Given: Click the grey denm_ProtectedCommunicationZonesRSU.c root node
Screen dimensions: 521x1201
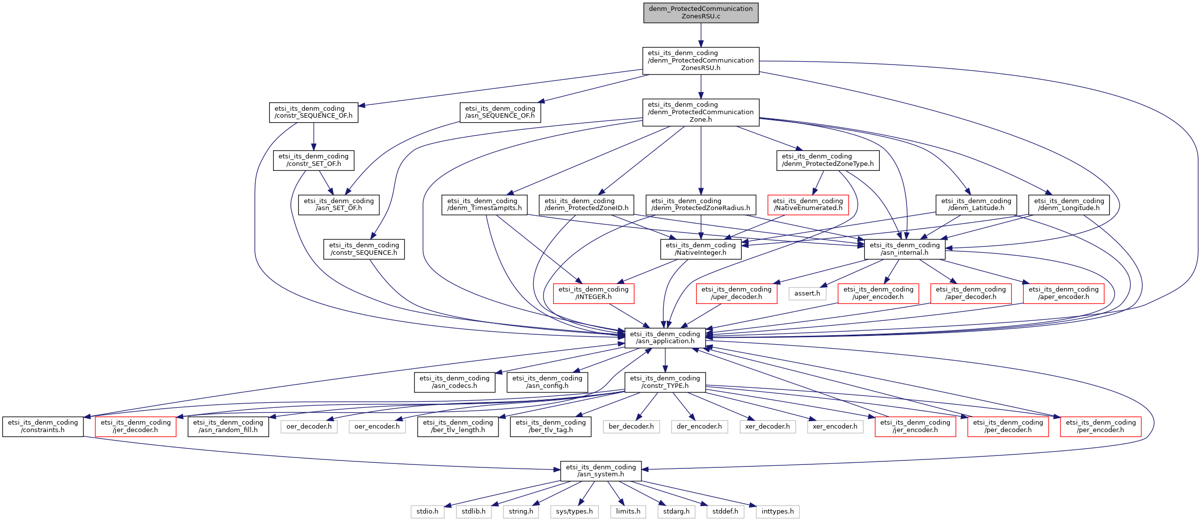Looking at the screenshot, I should point(701,12).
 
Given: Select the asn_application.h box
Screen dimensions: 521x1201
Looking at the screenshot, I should point(665,338).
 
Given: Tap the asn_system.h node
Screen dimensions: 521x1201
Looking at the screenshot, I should point(601,471).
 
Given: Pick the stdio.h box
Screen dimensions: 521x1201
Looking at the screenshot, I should point(427,512).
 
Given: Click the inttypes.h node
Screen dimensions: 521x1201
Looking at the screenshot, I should point(777,512).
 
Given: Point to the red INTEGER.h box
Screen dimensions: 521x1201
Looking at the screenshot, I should point(593,294).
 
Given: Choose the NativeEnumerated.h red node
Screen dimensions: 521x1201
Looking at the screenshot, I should point(808,205).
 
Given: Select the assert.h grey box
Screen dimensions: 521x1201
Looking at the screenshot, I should point(807,294).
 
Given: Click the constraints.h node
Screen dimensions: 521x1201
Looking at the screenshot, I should point(43,427).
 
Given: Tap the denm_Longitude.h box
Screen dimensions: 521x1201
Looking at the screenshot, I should point(1069,205).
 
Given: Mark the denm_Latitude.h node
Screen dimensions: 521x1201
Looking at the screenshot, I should point(976,205).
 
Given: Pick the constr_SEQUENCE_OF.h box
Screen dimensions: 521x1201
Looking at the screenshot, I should point(314,112).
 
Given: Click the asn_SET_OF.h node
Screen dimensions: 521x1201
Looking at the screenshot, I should point(339,205).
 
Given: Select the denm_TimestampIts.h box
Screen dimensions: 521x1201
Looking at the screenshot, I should point(484,205).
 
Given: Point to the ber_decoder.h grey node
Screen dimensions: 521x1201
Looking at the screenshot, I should point(631,427).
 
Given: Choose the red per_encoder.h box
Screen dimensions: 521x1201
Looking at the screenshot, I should point(1101,427).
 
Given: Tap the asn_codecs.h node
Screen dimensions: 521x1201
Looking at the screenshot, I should point(454,382).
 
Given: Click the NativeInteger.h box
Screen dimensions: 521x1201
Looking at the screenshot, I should point(701,249).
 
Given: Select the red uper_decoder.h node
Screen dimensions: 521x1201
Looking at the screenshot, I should point(736,294).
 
